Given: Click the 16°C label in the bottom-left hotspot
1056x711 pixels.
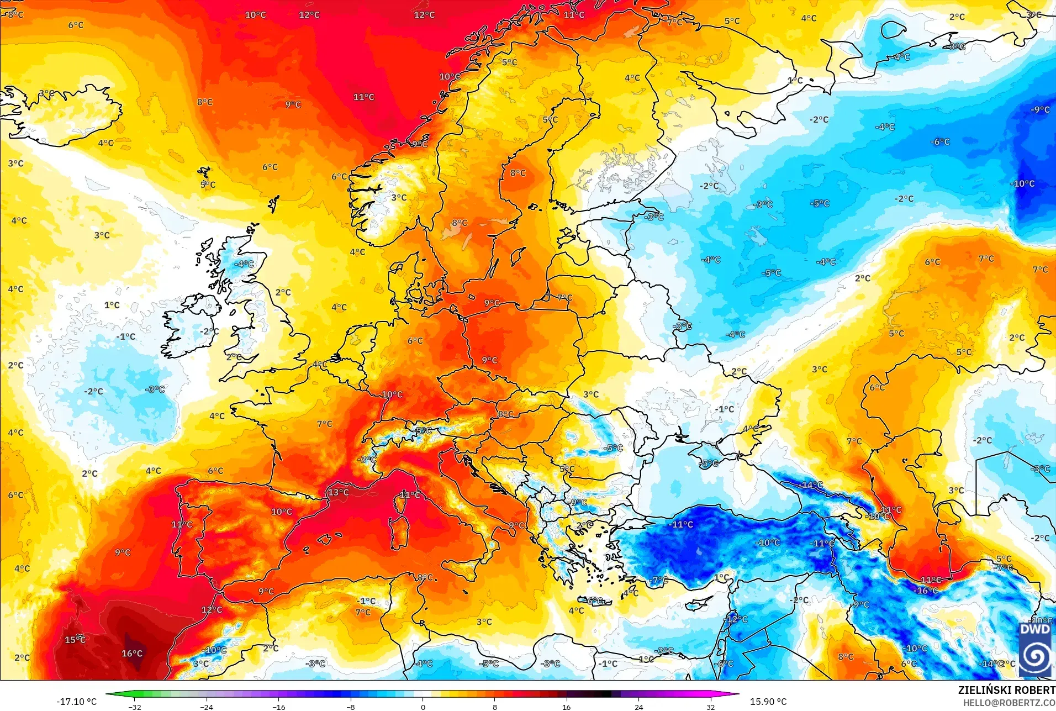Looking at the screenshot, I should [x=132, y=654].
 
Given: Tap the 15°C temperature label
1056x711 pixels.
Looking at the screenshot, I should [x=75, y=640].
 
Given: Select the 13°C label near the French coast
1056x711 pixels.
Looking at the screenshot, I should [x=338, y=492].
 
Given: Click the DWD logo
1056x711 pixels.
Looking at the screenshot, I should [x=1035, y=649].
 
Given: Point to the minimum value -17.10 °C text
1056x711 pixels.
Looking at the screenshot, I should [x=76, y=702].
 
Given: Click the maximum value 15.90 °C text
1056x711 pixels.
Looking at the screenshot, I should [x=768, y=702].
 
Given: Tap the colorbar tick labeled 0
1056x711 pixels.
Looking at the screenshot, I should [x=423, y=707].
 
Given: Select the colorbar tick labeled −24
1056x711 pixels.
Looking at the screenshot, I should [x=206, y=707].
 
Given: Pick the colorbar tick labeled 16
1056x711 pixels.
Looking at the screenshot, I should [x=566, y=707].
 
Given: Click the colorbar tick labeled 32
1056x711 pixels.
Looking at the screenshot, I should [x=710, y=707].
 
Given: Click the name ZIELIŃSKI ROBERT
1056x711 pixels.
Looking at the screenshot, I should [x=1006, y=690].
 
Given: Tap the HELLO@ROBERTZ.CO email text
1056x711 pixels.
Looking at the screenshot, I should [x=1009, y=703].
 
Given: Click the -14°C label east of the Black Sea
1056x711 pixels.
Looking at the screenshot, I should [x=810, y=485].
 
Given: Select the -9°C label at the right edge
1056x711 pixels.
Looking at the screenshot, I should [x=1040, y=110].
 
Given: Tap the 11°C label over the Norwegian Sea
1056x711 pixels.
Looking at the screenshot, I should [x=363, y=97].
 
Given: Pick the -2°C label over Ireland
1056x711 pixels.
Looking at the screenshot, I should [x=209, y=331].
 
